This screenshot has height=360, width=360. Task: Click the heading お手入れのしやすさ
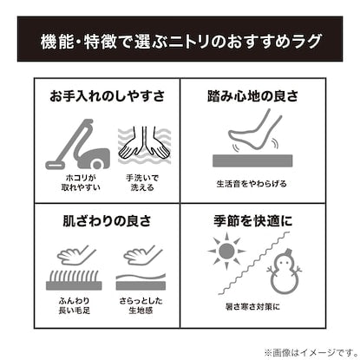(107, 95)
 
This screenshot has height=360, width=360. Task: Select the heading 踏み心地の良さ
(252, 95)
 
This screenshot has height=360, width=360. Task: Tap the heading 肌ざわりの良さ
(107, 221)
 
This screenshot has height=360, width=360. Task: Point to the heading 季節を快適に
(252, 221)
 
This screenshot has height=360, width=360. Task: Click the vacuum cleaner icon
(77, 144)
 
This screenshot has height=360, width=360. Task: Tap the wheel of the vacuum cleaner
(97, 164)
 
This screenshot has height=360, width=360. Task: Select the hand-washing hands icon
(144, 145)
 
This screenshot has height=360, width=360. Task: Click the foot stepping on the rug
(254, 129)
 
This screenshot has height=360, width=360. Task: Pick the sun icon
(226, 251)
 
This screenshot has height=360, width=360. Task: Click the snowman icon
(284, 272)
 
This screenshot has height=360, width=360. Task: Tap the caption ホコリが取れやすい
(81, 182)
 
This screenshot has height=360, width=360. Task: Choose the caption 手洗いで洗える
(142, 182)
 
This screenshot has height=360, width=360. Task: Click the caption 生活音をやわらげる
(252, 184)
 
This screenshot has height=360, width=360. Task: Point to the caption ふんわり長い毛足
(75, 305)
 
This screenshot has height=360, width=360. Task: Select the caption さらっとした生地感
(141, 305)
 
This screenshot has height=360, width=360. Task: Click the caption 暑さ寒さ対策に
(252, 306)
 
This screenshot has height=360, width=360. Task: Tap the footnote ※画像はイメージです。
(311, 352)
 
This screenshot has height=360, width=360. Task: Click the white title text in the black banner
(180, 41)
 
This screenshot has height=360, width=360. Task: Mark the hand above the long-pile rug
(75, 255)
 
